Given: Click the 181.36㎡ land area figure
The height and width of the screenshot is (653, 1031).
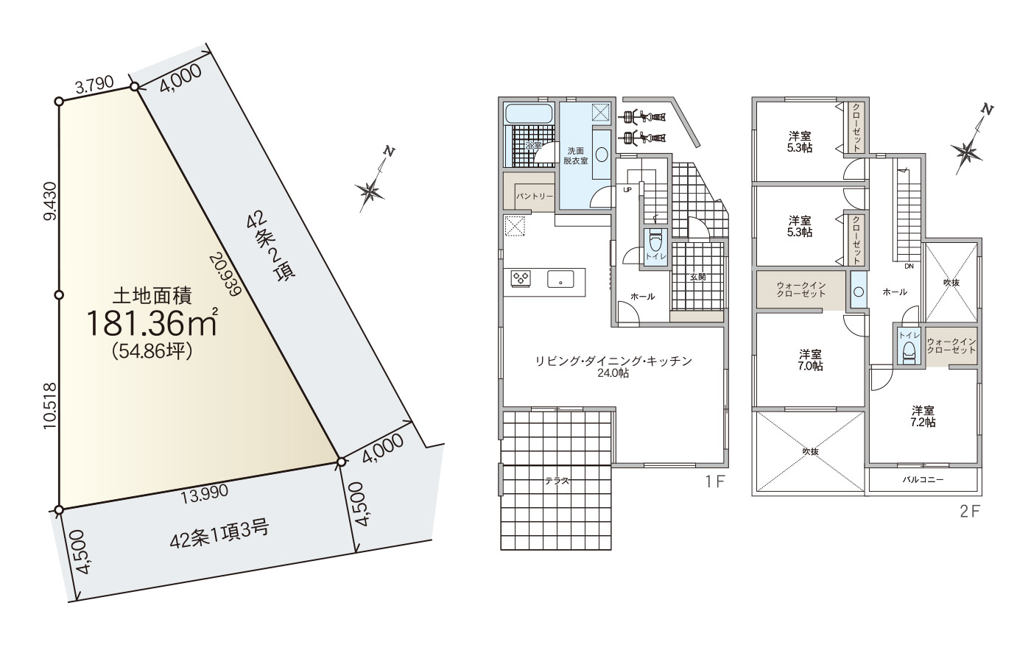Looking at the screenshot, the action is [152, 322].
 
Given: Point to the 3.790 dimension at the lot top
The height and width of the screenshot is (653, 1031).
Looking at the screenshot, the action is [94, 85].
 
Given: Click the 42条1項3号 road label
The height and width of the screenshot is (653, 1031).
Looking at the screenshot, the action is [219, 534].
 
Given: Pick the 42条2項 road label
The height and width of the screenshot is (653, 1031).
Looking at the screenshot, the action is [271, 247].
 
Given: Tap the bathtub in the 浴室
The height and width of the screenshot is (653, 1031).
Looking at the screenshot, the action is [529, 113].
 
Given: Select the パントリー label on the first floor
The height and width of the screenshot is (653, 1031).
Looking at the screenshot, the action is [534, 196].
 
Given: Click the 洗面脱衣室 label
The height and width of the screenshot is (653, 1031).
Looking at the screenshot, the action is [576, 155].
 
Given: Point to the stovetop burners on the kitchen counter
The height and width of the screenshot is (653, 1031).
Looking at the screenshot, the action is [521, 278].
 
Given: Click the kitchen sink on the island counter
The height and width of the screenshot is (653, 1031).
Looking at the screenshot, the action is [560, 279].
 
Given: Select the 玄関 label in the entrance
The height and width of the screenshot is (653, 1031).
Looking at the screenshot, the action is [698, 277].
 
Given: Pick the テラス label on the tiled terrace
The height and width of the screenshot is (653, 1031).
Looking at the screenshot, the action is [557, 481].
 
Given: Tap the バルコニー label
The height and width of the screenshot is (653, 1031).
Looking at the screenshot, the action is [923, 479].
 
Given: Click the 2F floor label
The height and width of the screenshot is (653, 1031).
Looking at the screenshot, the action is [971, 512].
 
